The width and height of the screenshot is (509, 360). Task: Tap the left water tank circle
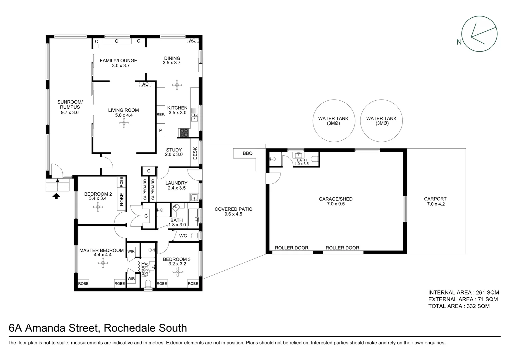pos(333,121)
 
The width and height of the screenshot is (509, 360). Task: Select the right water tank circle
pos(381,121)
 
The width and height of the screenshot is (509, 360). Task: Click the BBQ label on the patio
pos(248,153)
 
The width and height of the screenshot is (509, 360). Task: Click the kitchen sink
pos(194,117)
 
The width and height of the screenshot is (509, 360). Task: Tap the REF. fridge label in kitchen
pos(161,114)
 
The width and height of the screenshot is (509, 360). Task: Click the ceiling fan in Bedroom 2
pos(98,208)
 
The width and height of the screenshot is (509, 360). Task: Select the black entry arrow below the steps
pos(57,196)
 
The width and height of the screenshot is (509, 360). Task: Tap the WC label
pos(183,236)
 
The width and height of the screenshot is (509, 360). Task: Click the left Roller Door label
pos(291,248)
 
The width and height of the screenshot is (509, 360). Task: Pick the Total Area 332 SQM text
pos(459,306)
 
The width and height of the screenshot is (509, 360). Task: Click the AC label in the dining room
pos(192,41)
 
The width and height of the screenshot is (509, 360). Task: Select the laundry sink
pos(194,198)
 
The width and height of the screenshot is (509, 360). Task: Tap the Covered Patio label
pos(233,209)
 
